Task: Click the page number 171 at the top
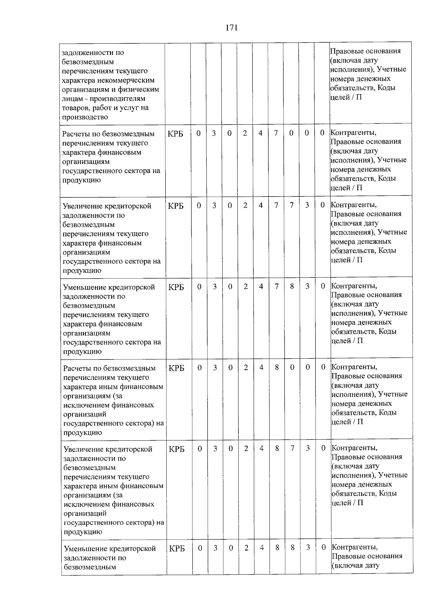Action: coord(231,28)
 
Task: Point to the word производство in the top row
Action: coord(85,117)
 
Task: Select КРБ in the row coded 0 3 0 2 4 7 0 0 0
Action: coord(175,134)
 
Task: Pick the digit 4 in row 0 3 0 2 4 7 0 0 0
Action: coord(260,133)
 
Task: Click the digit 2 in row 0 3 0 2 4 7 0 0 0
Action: coord(245,133)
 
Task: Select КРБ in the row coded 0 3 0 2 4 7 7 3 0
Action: coord(176,206)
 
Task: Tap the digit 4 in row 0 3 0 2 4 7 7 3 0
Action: coord(261,205)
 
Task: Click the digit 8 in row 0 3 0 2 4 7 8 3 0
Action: coord(292,286)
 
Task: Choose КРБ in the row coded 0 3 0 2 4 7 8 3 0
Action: coord(176,287)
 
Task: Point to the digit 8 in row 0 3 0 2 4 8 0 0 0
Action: coord(277,367)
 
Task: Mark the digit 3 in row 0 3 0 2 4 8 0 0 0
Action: coord(215,367)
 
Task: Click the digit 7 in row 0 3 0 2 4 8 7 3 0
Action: coord(292,448)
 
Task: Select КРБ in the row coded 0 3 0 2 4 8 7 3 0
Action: coord(176,449)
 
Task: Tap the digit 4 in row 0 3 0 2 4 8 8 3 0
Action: coord(262,548)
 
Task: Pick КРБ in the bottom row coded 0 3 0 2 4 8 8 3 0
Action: coord(177,548)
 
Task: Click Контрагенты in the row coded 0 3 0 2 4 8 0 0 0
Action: coord(354,367)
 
